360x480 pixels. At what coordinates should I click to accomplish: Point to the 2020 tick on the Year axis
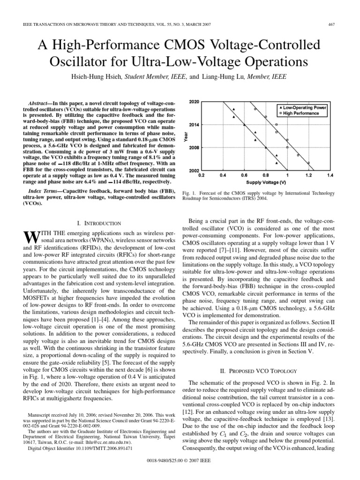coord(194,102)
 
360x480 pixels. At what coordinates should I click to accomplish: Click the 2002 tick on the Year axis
coord(194,170)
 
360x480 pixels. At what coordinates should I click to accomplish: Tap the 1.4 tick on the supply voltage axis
coord(330,175)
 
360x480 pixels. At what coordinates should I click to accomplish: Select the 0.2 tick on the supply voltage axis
coord(201,175)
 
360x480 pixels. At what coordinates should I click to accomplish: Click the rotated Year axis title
coord(186,136)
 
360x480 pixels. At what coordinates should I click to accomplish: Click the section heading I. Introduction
coord(98,224)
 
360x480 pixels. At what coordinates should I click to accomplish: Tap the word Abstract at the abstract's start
coord(41,102)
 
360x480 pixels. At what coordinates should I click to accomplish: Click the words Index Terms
coord(45,191)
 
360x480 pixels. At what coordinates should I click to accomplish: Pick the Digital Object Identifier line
coord(80,448)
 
